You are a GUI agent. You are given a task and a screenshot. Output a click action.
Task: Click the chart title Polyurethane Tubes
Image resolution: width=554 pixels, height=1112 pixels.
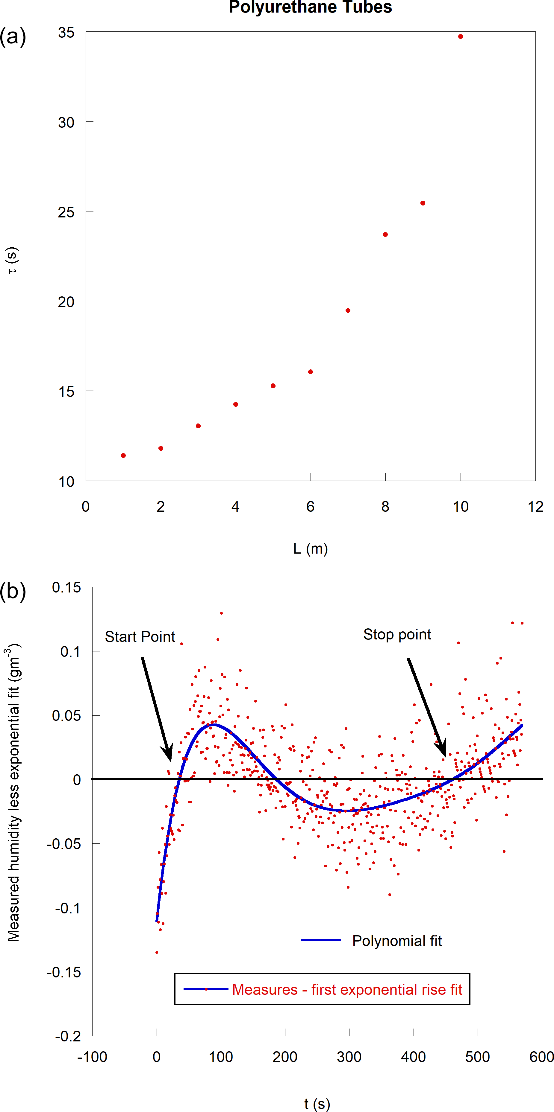pyautogui.click(x=310, y=7)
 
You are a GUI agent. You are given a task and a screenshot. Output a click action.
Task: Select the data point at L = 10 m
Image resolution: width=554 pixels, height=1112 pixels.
pyautogui.click(x=460, y=37)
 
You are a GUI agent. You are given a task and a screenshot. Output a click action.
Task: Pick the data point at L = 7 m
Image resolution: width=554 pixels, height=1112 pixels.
pyautogui.click(x=348, y=310)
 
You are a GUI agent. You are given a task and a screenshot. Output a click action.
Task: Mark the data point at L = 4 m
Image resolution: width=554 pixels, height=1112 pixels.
pyautogui.click(x=235, y=404)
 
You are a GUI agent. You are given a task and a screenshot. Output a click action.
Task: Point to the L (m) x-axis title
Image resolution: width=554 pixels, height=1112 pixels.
pyautogui.click(x=310, y=549)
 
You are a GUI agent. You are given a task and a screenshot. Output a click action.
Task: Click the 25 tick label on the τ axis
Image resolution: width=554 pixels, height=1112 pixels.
pyautogui.click(x=66, y=212)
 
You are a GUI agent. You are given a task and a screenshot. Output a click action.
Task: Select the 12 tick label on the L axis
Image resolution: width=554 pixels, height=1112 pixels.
pyautogui.click(x=535, y=506)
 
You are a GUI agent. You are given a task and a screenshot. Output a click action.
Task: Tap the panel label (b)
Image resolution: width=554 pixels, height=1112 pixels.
pyautogui.click(x=13, y=591)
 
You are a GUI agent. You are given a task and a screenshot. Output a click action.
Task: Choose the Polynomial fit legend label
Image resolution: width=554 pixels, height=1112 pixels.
pyautogui.click(x=397, y=941)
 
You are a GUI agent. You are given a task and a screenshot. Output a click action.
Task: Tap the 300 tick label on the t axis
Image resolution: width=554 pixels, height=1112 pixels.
pyautogui.click(x=349, y=1057)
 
